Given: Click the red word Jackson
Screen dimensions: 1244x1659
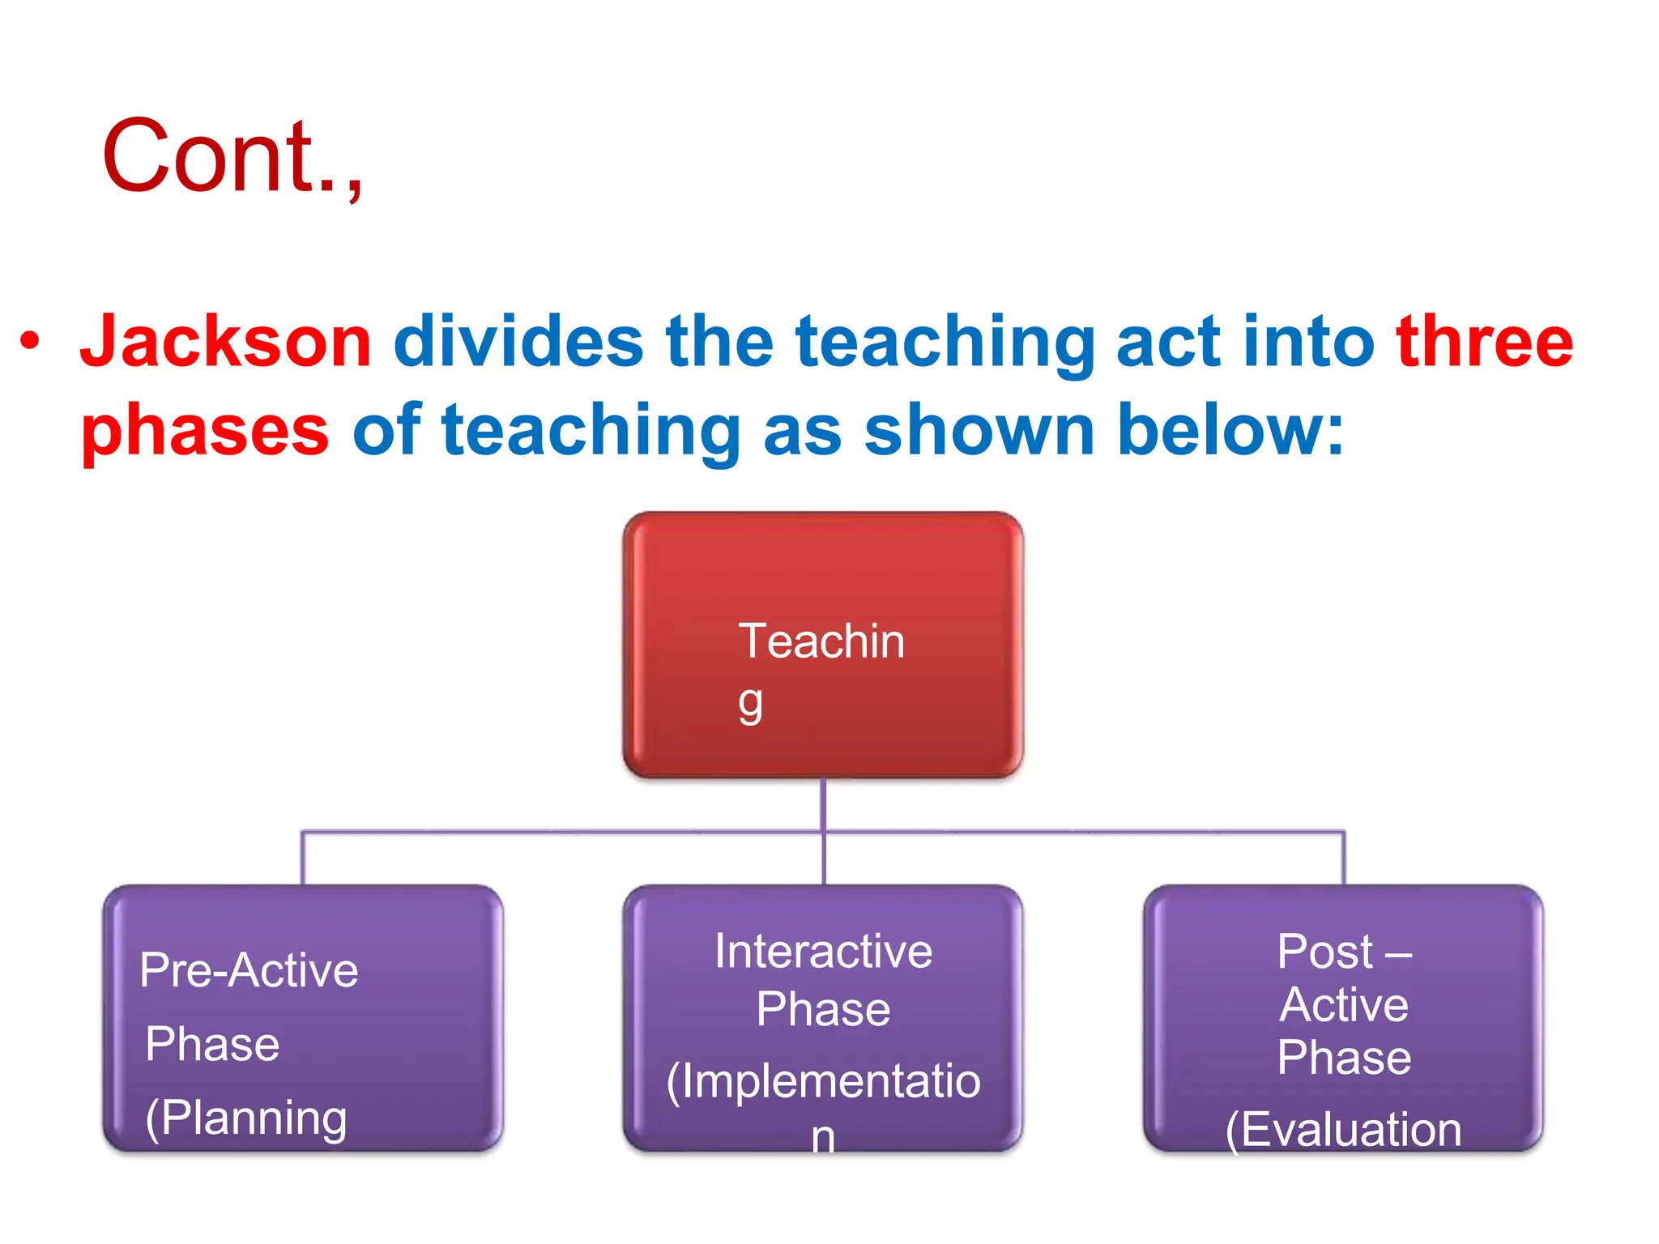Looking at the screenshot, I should pos(225,342).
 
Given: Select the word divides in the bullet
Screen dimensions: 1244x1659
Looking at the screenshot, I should pos(518,342).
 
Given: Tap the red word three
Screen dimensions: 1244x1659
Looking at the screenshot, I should pos(1484,342).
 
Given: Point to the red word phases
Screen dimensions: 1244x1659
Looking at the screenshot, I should pos(205,431).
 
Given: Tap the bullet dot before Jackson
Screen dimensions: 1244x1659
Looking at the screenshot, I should pos(30,341).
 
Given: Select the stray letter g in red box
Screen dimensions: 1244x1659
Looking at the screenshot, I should pos(750,704).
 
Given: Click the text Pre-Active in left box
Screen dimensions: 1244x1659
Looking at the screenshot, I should pos(249,970).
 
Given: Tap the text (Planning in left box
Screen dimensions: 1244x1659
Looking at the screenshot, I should pos(246,1118).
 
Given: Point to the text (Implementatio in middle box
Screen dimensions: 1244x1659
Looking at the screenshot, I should pos(823,1081).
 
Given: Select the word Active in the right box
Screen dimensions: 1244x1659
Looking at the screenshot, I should pos(1344,1005).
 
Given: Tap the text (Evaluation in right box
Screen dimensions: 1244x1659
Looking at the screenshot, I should pos(1344,1130).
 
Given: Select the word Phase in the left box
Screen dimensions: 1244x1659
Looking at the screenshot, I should pos(212,1044).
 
